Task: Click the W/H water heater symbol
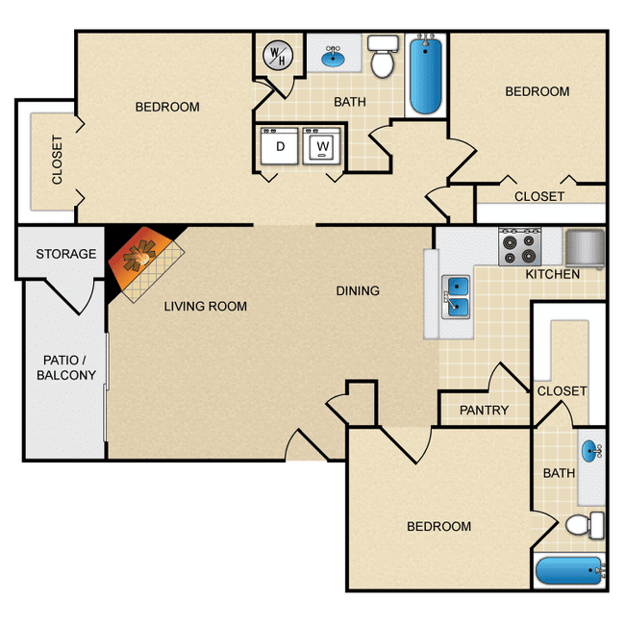click(278, 56)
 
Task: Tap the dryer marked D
click(279, 146)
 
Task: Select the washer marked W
click(322, 146)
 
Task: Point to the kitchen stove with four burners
click(520, 247)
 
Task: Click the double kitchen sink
click(456, 297)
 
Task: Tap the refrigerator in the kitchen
click(585, 248)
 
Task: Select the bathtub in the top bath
click(425, 75)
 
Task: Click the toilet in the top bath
click(383, 56)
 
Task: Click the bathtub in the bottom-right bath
click(570, 571)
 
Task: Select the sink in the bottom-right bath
click(591, 451)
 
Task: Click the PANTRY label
click(484, 411)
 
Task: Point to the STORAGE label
click(66, 254)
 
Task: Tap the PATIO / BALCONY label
click(66, 367)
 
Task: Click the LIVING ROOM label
click(206, 306)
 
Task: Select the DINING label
click(358, 291)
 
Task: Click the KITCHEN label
click(553, 274)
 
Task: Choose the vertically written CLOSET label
click(57, 160)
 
